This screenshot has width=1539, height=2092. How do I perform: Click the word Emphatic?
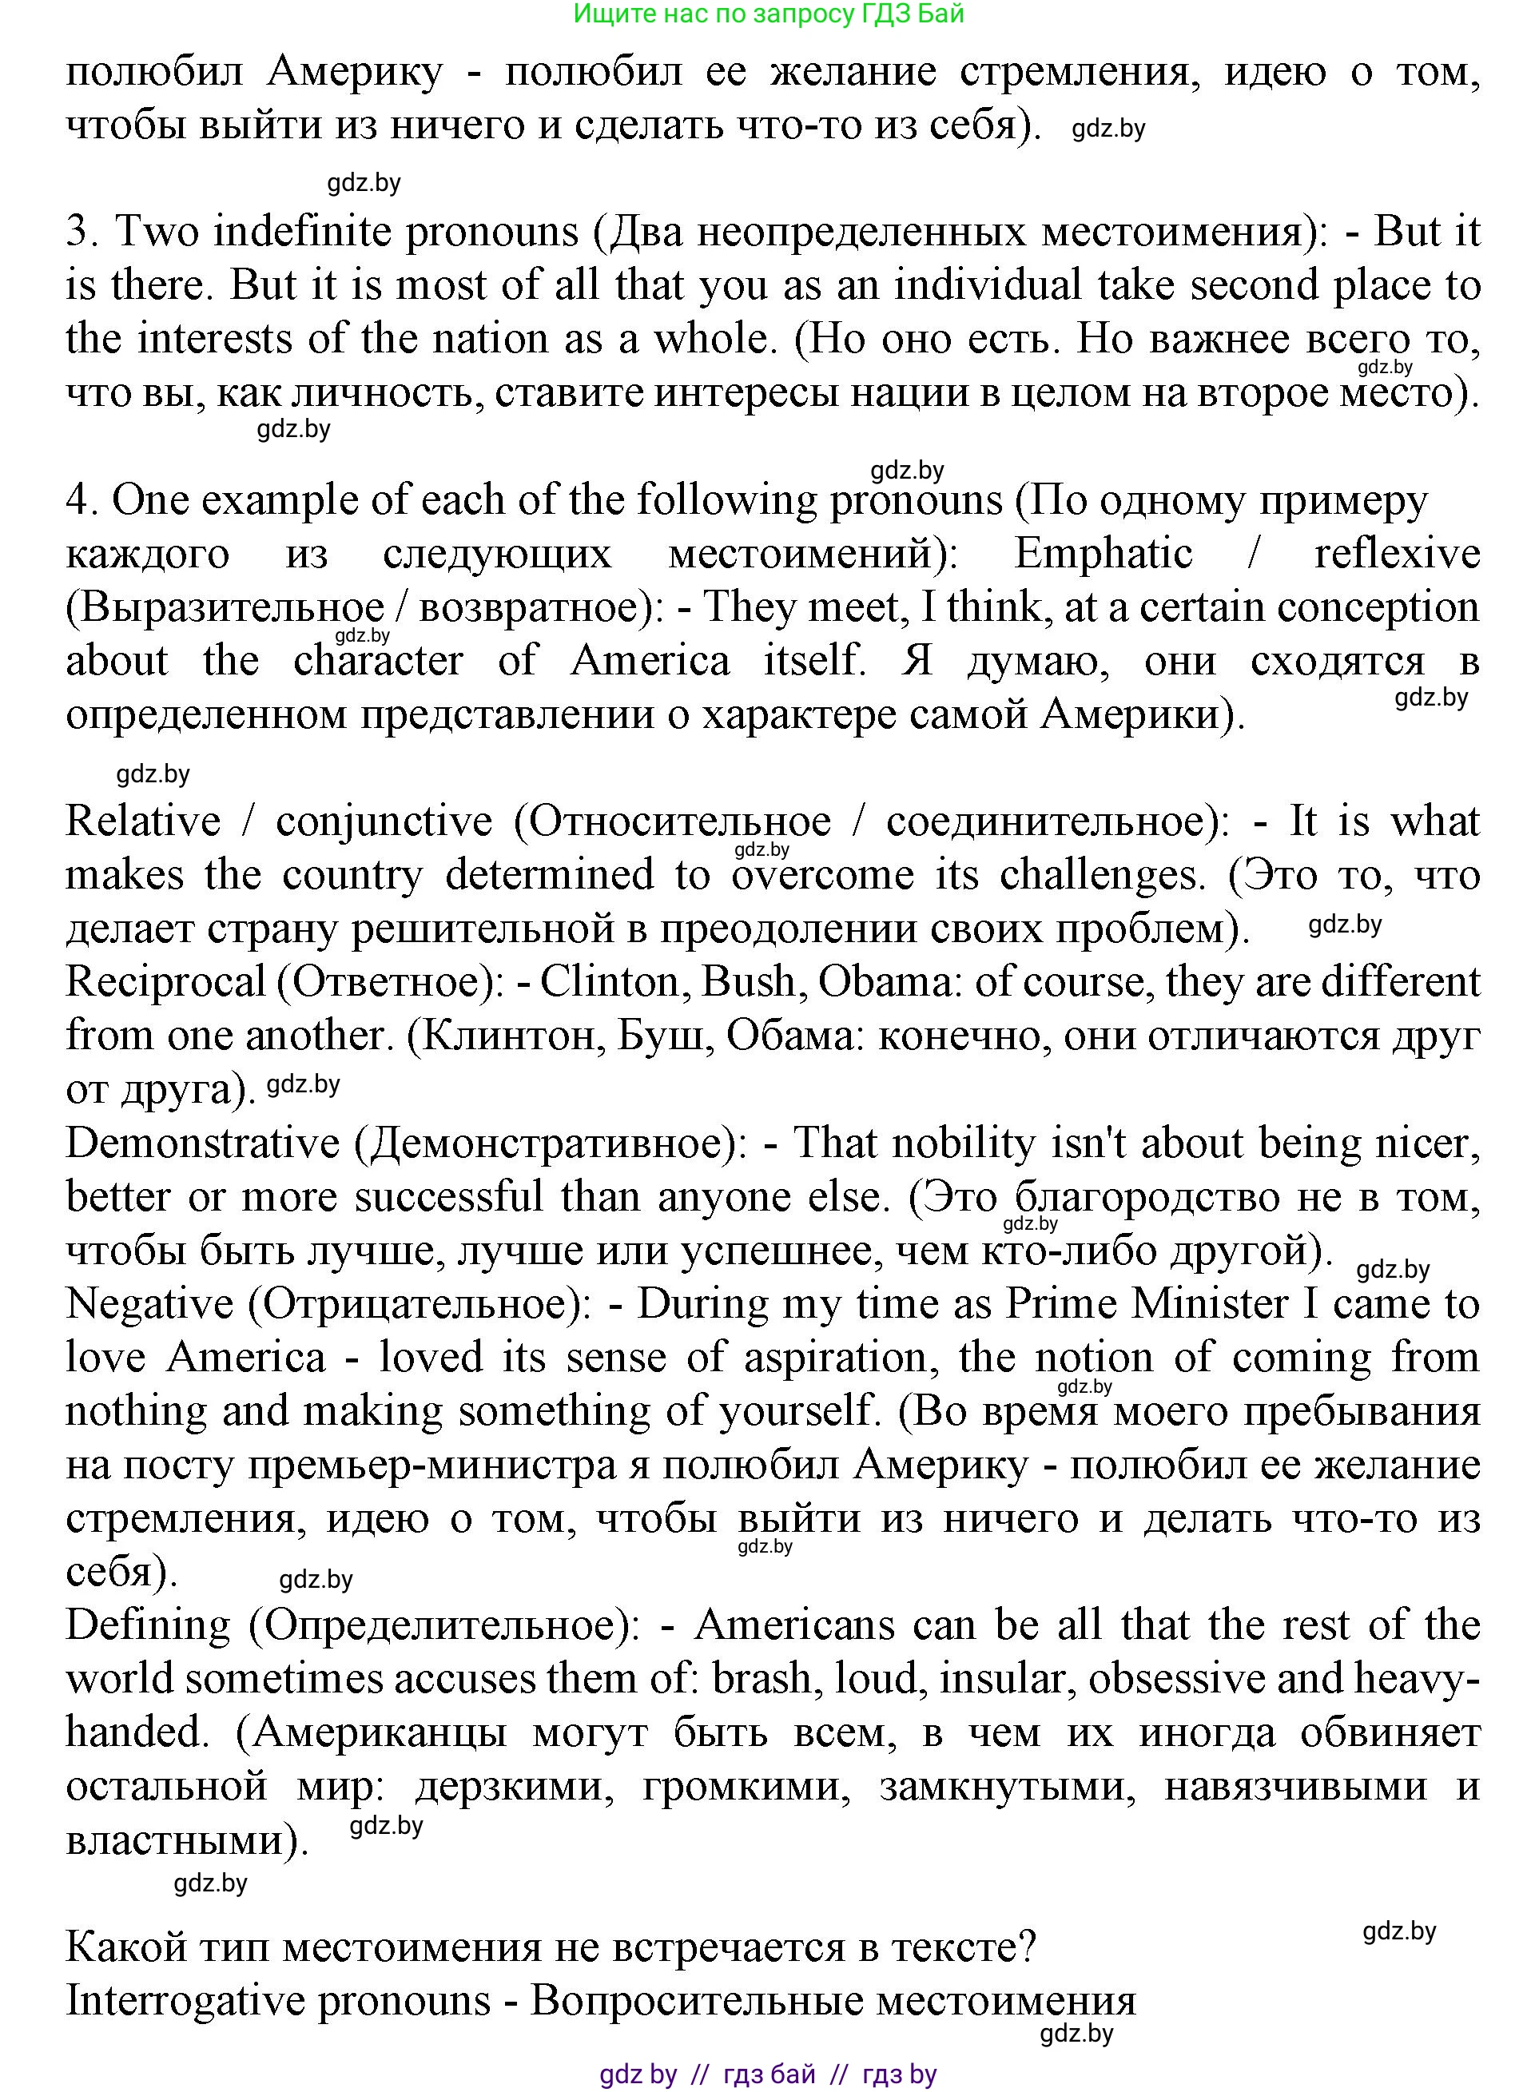(1102, 555)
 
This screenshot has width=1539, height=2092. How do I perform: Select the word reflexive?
(1397, 555)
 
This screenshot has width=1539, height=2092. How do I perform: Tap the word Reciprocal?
(166, 983)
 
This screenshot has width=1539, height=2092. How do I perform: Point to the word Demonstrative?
(203, 1143)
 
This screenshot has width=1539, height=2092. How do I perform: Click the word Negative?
(149, 1304)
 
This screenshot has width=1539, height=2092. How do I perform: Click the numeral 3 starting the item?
(78, 232)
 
